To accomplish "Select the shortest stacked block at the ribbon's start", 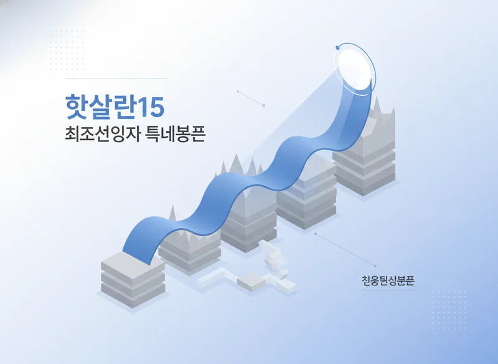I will [x=132, y=280].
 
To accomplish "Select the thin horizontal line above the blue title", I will [x=116, y=79].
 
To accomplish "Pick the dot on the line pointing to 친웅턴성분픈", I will [x=316, y=234].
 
